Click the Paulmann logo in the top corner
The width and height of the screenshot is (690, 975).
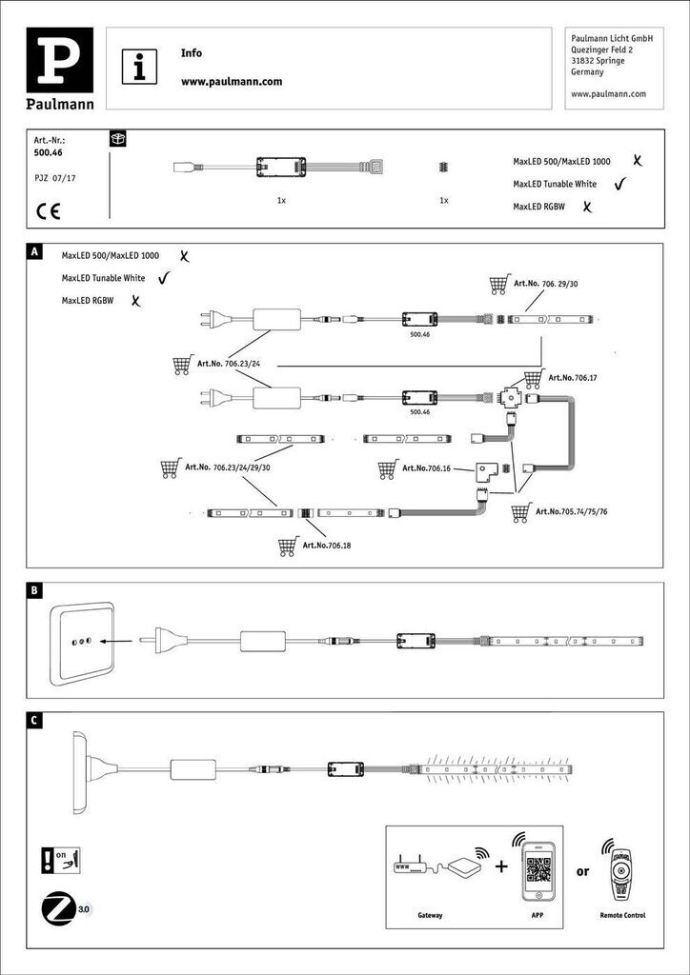click(x=66, y=69)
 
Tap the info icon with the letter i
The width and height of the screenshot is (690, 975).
click(x=141, y=67)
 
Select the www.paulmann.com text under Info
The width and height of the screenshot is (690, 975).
click(x=232, y=82)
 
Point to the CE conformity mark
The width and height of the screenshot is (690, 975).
click(x=48, y=210)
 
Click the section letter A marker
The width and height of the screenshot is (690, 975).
click(x=34, y=253)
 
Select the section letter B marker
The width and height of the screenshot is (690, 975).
click(x=34, y=591)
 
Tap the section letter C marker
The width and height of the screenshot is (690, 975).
click(x=34, y=720)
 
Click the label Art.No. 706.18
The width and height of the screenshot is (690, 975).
click(x=326, y=546)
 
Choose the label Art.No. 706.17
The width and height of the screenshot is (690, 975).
click(x=574, y=378)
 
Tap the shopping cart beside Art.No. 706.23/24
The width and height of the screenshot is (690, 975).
click(x=181, y=365)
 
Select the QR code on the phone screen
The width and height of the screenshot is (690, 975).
click(x=539, y=869)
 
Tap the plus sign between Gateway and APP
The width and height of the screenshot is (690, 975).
click(x=500, y=866)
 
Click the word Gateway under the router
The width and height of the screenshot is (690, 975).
click(x=431, y=915)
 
